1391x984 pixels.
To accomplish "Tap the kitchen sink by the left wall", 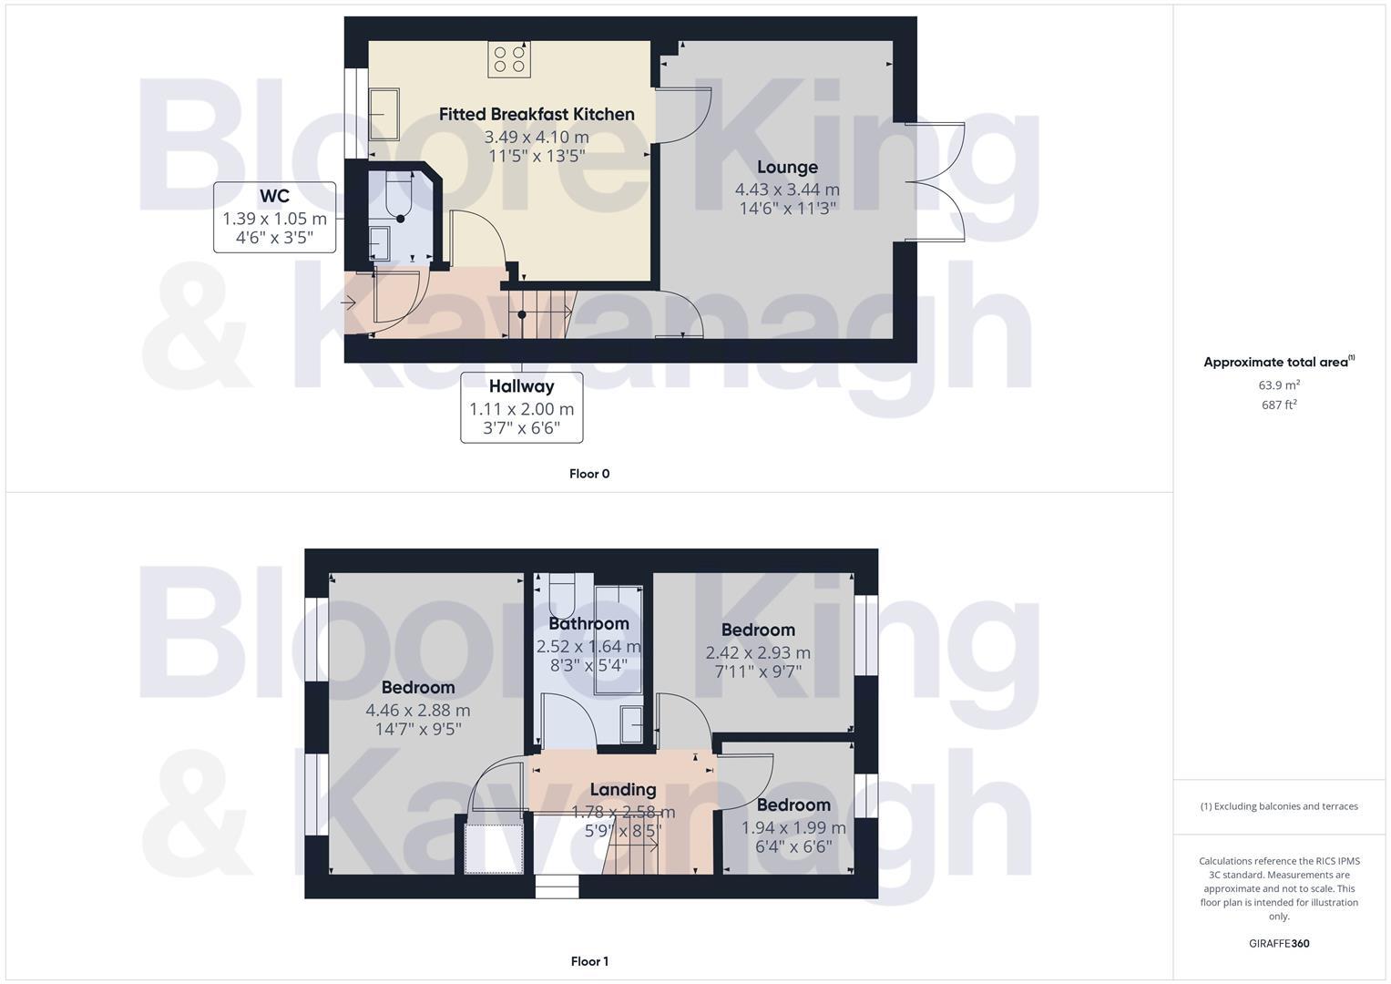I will point(384,114).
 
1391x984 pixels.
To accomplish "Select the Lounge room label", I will point(787,168).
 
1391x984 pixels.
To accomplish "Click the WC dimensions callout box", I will point(274,218).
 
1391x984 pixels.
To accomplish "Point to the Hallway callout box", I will point(521,407).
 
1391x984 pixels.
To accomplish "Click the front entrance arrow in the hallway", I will point(348,302).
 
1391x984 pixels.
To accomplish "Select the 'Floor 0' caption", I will point(588,474).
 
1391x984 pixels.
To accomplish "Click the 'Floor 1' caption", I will point(588,961).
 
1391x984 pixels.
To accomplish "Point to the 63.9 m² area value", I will point(1279,385).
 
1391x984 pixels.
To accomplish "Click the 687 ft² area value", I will point(1279,405).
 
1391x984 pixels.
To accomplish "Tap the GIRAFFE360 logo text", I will point(1279,943).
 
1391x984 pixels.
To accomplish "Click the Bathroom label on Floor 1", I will point(588,624).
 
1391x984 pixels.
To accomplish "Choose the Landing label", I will point(622,790).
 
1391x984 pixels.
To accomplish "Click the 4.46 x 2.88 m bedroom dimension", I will point(418,711).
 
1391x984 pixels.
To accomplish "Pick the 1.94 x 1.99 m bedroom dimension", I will point(793,828).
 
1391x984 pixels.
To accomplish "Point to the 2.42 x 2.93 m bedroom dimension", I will point(758,653).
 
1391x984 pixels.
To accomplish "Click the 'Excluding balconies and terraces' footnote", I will point(1279,806).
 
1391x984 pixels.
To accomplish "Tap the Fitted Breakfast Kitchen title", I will point(537,115).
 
